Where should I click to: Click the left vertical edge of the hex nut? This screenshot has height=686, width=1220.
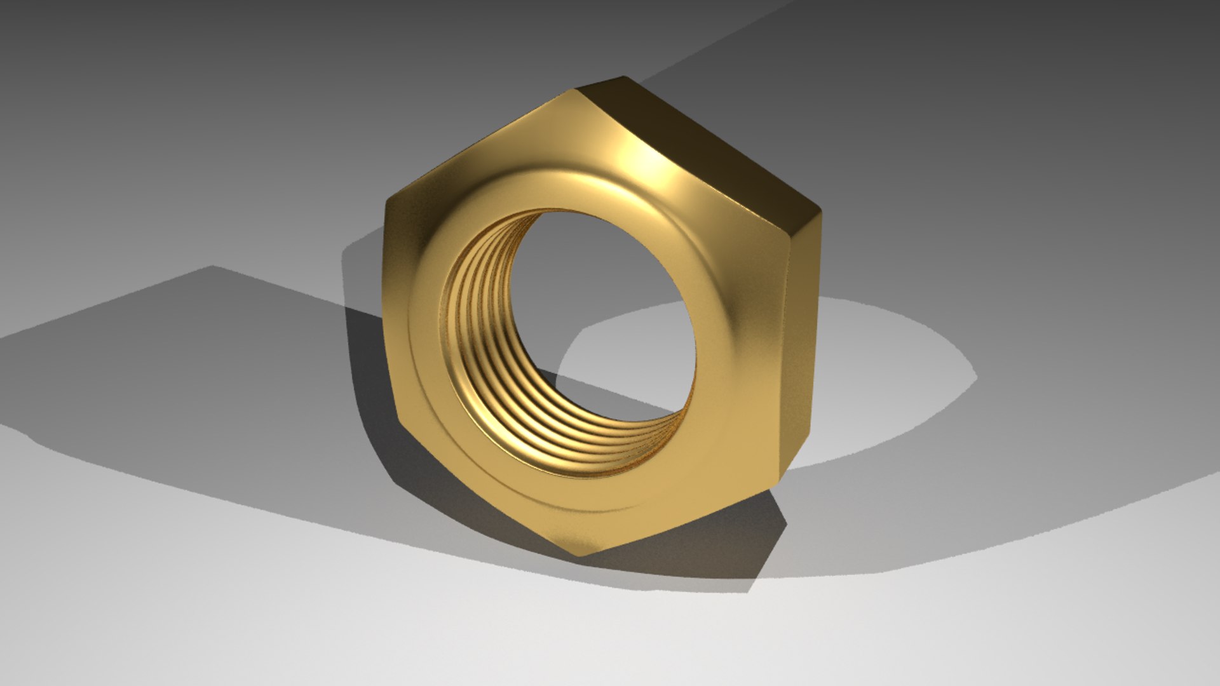(x=391, y=311)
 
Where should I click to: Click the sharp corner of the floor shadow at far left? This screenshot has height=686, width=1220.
(x=213, y=267)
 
